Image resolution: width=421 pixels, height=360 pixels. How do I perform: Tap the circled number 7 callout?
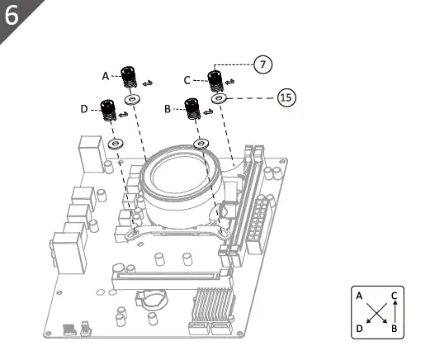click(263, 63)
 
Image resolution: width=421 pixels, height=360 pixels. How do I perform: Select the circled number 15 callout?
click(285, 97)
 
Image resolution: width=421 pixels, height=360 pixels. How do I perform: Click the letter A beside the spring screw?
click(106, 75)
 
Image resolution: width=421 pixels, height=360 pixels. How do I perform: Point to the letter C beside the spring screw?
click(187, 79)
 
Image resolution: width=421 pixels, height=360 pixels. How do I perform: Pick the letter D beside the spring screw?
click(84, 108)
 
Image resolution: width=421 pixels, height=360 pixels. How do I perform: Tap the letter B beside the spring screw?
click(168, 108)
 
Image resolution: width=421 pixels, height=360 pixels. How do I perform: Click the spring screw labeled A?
click(128, 78)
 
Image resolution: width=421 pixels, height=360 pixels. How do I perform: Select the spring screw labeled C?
click(215, 81)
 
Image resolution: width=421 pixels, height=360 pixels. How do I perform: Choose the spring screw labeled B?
click(192, 108)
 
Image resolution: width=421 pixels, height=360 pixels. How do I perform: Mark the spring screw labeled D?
click(108, 110)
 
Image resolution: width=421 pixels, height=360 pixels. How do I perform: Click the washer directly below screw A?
click(130, 99)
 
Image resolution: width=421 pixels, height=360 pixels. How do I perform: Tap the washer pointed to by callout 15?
click(218, 98)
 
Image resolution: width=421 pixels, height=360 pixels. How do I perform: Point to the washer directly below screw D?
click(114, 143)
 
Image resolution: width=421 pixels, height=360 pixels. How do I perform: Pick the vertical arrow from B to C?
click(395, 311)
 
